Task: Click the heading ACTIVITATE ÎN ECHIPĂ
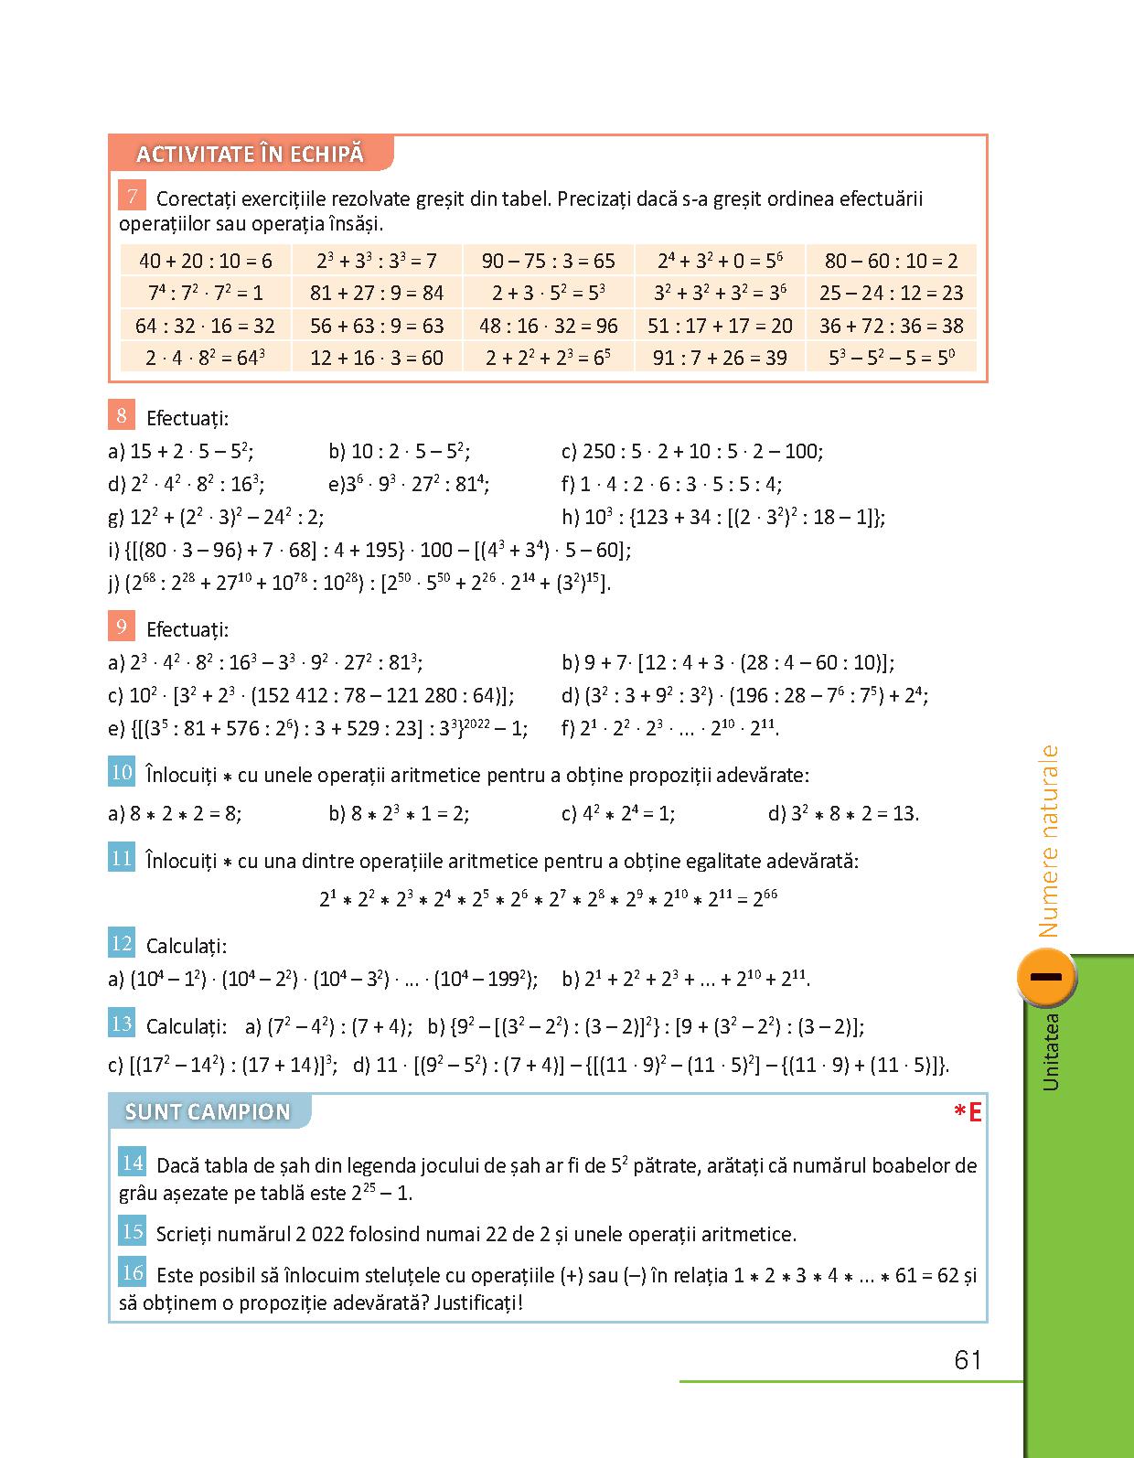click(x=250, y=154)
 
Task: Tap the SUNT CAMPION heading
click(x=208, y=1111)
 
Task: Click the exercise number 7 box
click(x=133, y=197)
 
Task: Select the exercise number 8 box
click(x=122, y=416)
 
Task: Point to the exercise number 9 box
click(x=122, y=627)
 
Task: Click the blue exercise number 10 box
click(x=122, y=773)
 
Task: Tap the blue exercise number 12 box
click(x=122, y=944)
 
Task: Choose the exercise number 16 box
click(x=133, y=1272)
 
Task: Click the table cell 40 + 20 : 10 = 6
click(x=205, y=261)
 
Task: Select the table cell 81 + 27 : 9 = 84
click(x=377, y=293)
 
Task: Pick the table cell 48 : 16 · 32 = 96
click(x=549, y=326)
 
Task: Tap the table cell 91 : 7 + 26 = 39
click(x=720, y=358)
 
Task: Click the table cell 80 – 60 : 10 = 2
click(x=891, y=261)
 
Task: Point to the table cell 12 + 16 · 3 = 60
click(x=377, y=358)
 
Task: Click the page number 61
click(x=967, y=1360)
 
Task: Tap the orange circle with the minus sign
click(x=1045, y=977)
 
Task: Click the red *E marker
click(x=967, y=1112)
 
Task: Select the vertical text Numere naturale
click(x=1048, y=842)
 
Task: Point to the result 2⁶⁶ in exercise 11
click(x=765, y=898)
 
